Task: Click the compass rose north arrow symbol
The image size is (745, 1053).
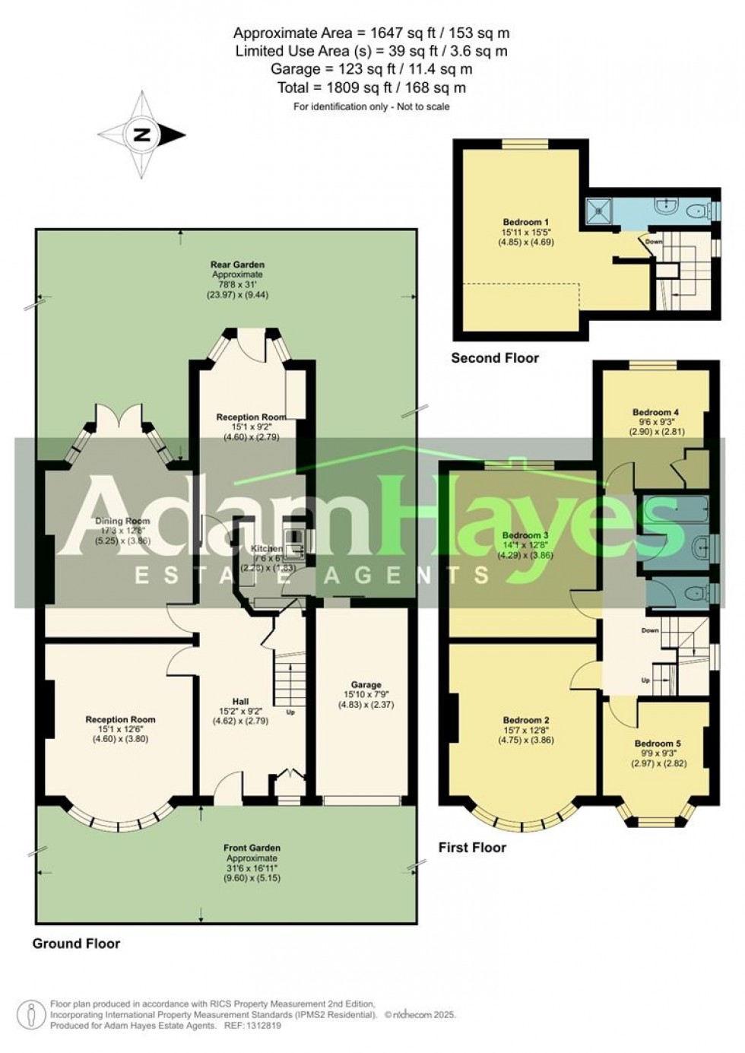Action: [142, 135]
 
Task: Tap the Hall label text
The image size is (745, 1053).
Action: [240, 702]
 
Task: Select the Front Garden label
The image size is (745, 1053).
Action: [252, 847]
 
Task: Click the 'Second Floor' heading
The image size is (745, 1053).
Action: [495, 357]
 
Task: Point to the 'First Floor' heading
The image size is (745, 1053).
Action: [472, 847]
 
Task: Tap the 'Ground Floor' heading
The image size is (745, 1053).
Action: [76, 944]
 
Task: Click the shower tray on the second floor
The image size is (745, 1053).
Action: [598, 212]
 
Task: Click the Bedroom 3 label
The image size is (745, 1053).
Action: [521, 535]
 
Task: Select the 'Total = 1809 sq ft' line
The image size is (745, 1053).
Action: [372, 88]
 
